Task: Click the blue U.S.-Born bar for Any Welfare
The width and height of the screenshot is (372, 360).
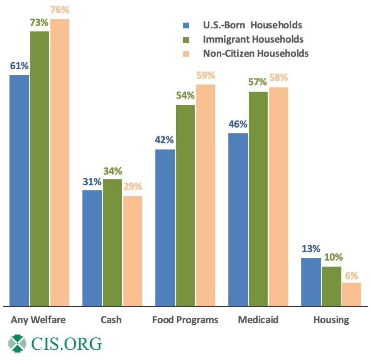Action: (20, 190)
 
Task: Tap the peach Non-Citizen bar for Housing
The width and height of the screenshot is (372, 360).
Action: (351, 295)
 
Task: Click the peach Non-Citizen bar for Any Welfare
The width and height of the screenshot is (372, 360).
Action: (60, 163)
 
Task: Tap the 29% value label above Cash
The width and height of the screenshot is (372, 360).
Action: (133, 187)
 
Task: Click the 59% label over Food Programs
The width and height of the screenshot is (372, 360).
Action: (206, 76)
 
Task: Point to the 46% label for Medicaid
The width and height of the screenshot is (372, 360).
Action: (238, 124)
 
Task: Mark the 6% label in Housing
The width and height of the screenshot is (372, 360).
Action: (351, 274)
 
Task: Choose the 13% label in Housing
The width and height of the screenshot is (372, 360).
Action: (311, 249)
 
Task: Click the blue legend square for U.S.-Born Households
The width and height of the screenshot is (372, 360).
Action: (186, 25)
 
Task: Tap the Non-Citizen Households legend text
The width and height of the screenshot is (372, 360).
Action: (255, 53)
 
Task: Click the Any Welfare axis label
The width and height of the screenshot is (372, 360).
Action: (39, 320)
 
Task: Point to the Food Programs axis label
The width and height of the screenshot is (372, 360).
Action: (185, 320)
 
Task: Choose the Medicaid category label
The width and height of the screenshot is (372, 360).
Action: (258, 320)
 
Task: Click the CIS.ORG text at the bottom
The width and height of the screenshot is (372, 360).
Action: (66, 344)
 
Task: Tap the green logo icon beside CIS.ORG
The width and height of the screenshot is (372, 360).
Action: (18, 344)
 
